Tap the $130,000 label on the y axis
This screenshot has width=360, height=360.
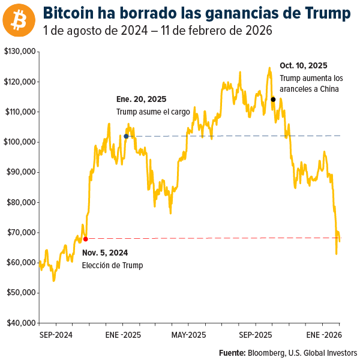(20, 52)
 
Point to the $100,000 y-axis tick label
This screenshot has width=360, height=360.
(20, 142)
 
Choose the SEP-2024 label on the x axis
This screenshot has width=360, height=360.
(56, 334)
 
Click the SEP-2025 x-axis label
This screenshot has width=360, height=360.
(256, 334)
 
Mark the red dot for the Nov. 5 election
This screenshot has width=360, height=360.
(85, 239)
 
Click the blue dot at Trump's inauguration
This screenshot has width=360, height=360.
(126, 136)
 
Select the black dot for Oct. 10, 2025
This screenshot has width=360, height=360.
(273, 100)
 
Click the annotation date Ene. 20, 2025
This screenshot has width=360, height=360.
(141, 100)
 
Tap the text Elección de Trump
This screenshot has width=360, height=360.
(113, 265)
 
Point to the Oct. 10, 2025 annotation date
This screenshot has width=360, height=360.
(304, 66)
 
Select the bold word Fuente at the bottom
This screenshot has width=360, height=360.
(232, 352)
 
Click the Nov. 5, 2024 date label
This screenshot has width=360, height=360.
(105, 253)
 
